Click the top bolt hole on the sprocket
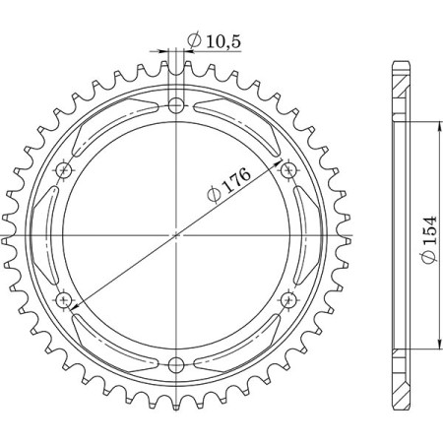(177, 105)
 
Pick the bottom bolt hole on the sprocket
(177, 362)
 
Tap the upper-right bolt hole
(288, 171)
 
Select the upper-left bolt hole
(66, 171)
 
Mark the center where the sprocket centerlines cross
(177, 234)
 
